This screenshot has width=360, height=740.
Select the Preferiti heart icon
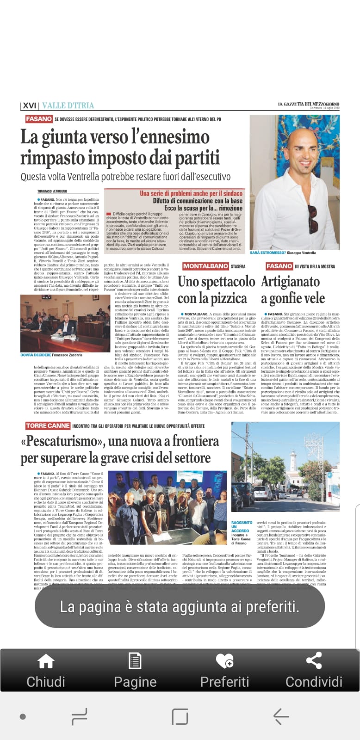coord(224,661)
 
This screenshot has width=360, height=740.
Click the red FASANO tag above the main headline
coord(39,119)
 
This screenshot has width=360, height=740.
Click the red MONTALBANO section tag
coord(205,266)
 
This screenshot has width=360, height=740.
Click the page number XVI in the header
coord(29,105)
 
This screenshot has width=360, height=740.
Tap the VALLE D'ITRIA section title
coord(68,105)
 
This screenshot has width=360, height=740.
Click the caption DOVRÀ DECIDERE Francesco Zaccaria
coord(51,355)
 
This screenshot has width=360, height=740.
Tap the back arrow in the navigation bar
coord(281,716)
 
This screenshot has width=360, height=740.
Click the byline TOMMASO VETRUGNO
coord(52,191)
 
